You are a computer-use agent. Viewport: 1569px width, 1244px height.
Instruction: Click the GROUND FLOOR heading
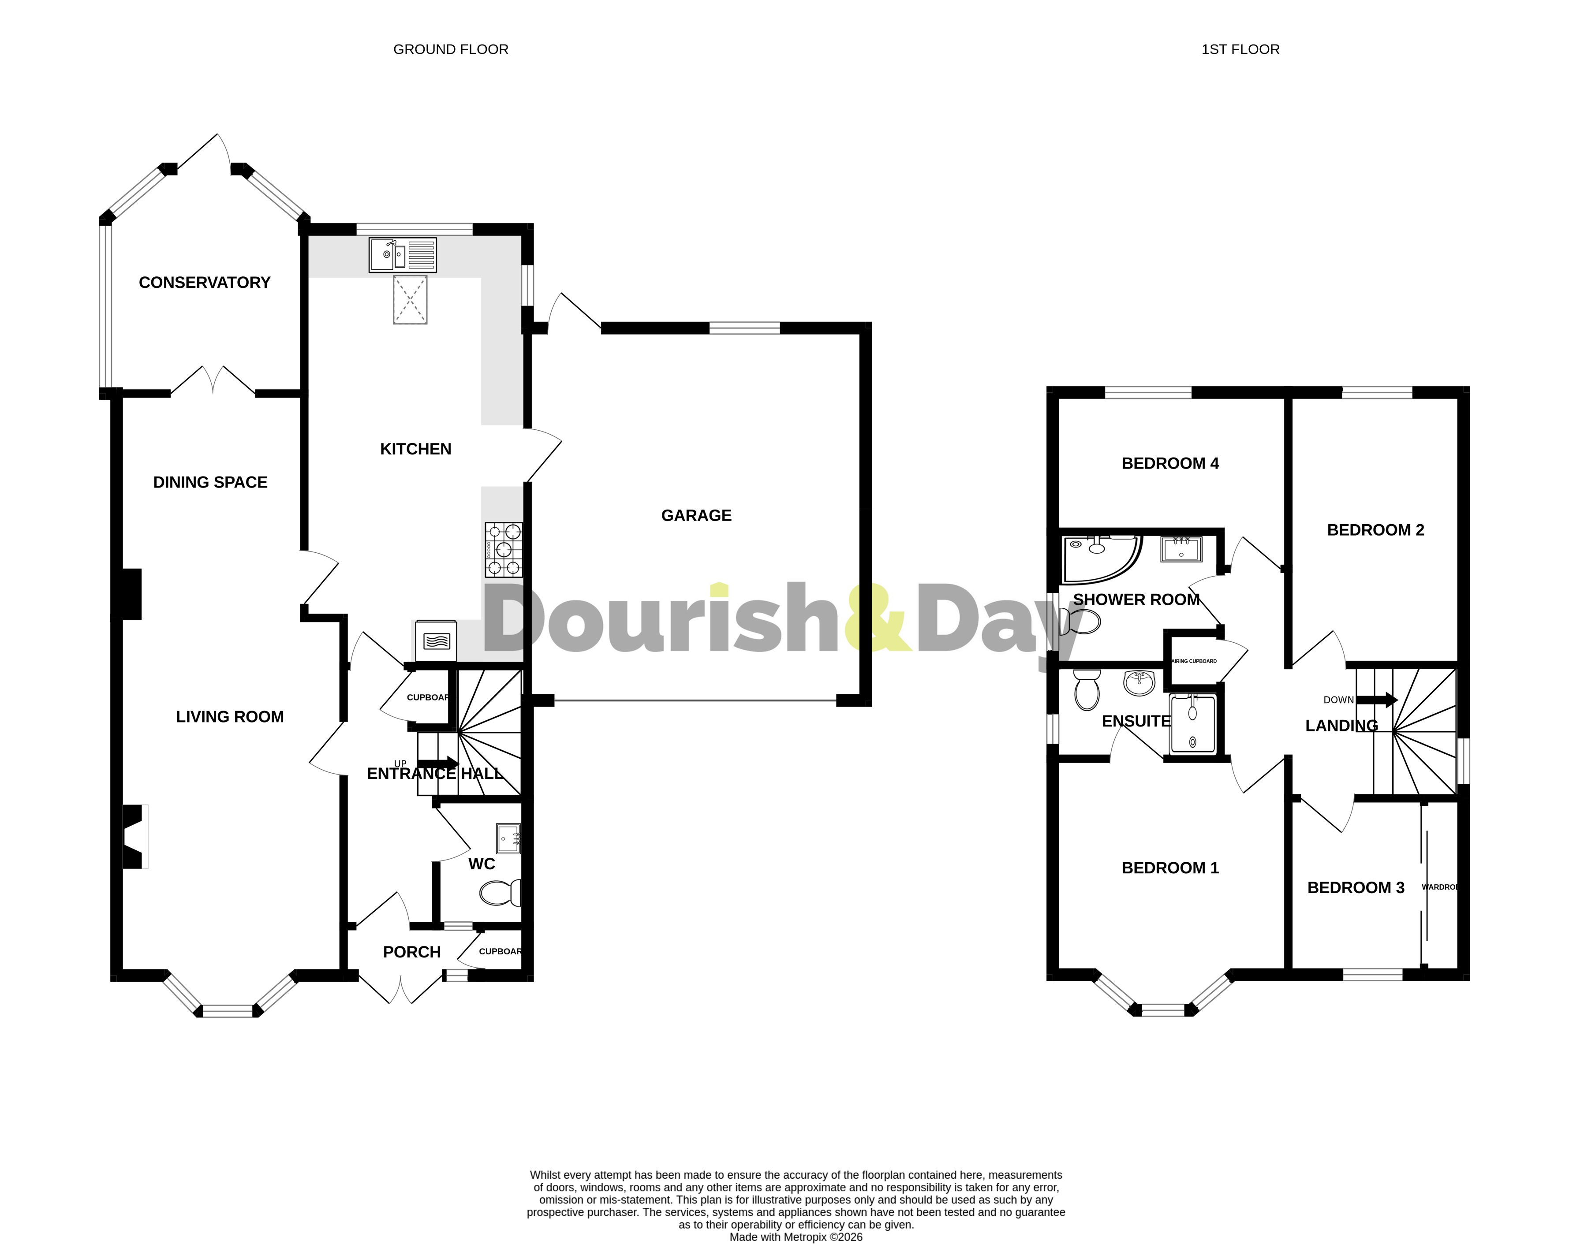[451, 49]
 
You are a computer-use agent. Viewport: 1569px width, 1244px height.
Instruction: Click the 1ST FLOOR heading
[1240, 49]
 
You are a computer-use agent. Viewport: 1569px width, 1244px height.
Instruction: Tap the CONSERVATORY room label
[205, 282]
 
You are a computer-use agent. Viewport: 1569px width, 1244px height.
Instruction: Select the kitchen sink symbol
[403, 255]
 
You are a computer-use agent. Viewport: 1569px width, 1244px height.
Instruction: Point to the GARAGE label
[696, 515]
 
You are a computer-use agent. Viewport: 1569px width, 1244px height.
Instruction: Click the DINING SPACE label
[210, 482]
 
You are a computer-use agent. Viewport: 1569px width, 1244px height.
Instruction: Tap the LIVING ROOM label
[230, 717]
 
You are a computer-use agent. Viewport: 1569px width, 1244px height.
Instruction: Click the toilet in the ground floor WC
[501, 893]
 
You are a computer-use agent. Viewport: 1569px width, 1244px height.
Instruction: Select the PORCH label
[412, 952]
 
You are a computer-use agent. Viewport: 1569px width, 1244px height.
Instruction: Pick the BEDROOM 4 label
[1170, 463]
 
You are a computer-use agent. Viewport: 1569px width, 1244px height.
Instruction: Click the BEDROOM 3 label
[1356, 887]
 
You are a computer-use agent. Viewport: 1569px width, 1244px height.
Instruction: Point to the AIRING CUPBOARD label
[1193, 661]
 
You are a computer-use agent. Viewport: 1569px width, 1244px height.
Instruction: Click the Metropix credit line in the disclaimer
[796, 1236]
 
